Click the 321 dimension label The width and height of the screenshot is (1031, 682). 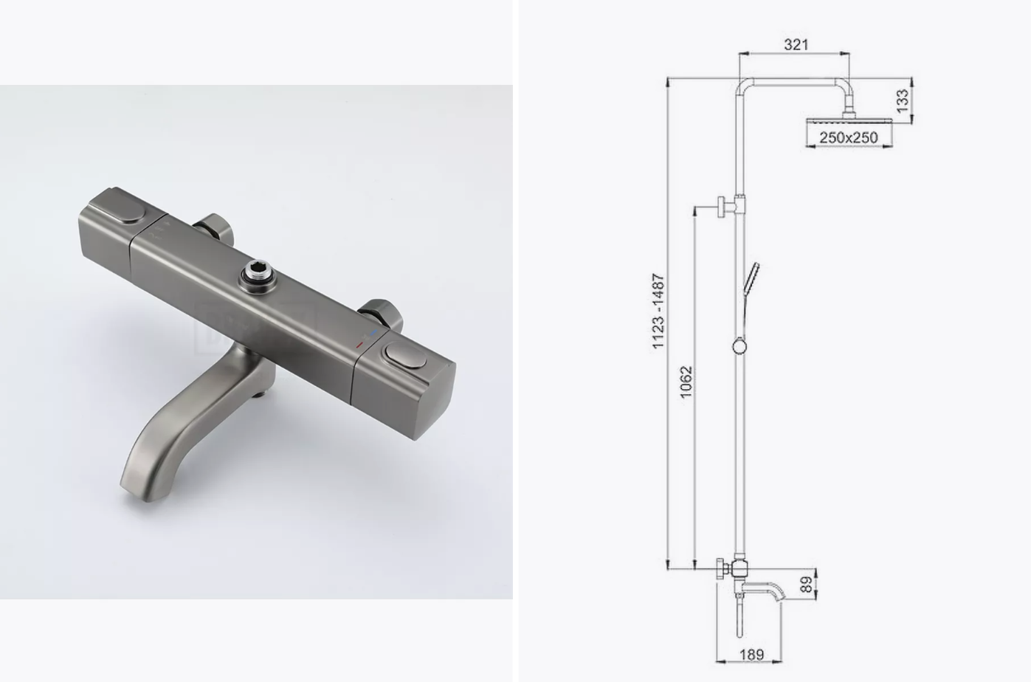click(796, 44)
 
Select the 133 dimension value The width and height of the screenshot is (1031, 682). click(903, 101)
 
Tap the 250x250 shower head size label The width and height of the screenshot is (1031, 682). click(848, 137)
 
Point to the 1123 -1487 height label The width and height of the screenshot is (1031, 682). click(658, 311)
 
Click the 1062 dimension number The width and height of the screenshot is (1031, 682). click(686, 382)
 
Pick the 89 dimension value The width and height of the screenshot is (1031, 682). click(806, 585)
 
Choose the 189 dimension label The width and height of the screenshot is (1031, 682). click(751, 655)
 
